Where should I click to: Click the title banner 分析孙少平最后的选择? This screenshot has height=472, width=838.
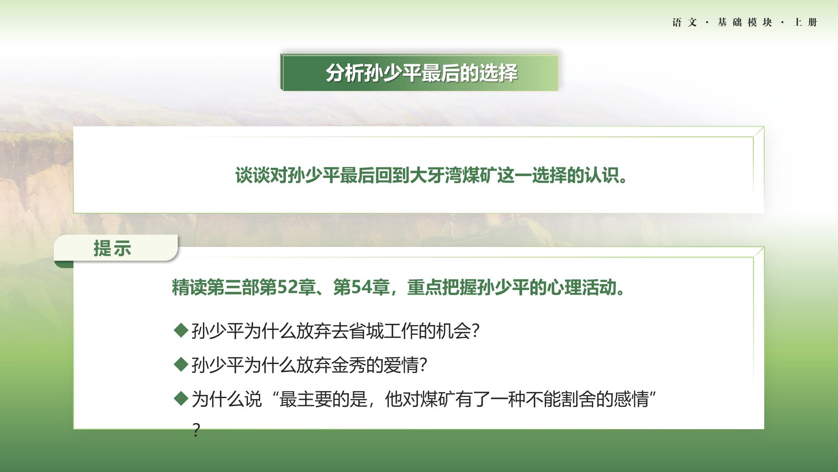point(419,72)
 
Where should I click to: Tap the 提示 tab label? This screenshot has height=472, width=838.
point(112,248)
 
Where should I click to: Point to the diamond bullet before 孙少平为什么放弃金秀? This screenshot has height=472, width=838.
point(181,364)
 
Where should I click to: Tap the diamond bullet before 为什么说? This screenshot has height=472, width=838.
point(181,398)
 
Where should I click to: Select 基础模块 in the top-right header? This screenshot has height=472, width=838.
point(745,22)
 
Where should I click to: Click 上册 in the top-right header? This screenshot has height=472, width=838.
point(805,22)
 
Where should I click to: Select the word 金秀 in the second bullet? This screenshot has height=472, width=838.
point(348,365)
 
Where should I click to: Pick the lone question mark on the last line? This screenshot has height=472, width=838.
point(196,430)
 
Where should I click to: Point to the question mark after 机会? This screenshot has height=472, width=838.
point(476,331)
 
